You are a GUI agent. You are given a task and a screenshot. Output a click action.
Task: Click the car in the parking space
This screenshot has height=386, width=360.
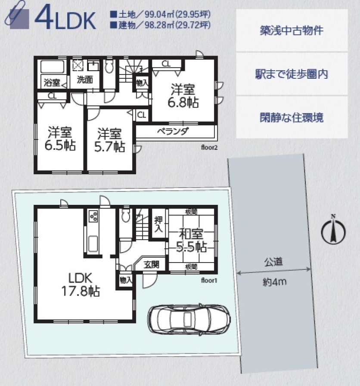189,319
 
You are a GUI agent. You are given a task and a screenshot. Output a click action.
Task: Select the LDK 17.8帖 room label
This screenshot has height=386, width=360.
81,284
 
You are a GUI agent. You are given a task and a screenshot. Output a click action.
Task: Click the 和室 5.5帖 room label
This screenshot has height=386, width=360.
191,240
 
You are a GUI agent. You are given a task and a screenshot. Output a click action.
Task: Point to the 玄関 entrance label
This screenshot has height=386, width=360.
152,265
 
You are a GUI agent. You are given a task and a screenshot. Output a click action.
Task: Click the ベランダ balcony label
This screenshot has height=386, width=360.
173,131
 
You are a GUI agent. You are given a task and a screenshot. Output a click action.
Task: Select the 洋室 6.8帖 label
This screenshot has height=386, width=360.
183,96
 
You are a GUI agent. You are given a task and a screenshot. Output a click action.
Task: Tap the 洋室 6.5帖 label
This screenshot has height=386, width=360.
60,139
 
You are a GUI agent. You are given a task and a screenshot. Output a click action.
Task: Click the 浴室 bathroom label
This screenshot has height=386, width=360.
52,83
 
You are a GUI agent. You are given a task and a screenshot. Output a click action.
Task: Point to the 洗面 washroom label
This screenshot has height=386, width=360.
85,80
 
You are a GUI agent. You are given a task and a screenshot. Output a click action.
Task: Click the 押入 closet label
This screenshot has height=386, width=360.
158,224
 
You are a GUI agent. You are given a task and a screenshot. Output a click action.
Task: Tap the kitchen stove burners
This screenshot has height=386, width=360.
93,216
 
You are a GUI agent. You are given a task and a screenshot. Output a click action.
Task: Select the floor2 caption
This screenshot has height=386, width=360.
209,148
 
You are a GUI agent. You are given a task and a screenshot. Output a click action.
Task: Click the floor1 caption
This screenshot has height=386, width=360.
209,280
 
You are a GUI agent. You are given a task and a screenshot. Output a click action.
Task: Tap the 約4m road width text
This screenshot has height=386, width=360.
274,282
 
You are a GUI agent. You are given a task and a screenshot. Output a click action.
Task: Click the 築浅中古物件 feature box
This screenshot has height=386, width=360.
292,31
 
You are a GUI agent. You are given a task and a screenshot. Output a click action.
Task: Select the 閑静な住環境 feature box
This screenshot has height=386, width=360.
292,117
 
